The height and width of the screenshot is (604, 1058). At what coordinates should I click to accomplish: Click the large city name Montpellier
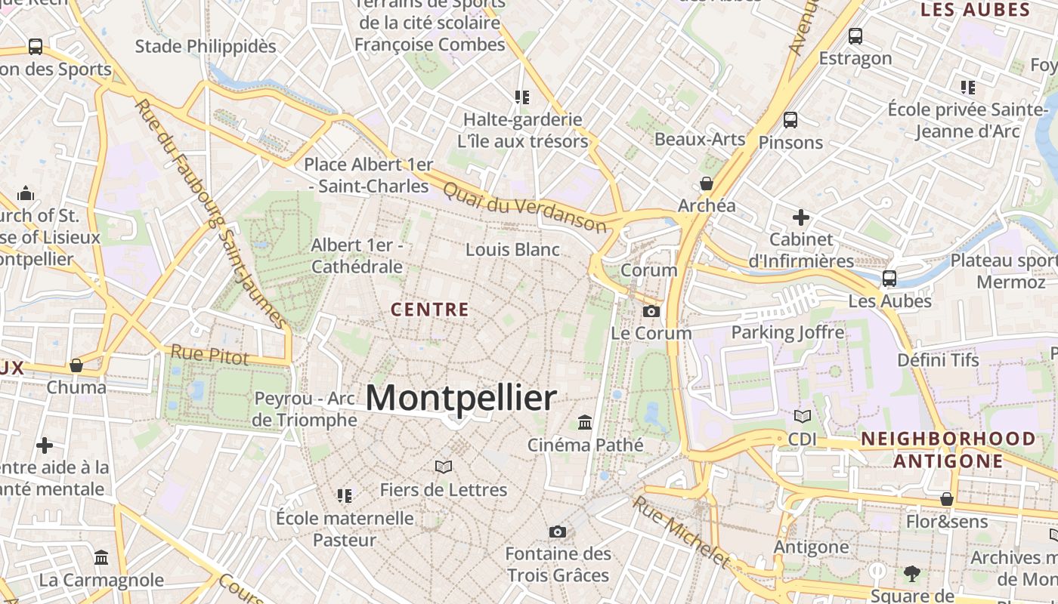[x=461, y=398]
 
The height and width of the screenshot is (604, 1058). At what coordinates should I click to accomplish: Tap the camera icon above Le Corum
[x=651, y=311]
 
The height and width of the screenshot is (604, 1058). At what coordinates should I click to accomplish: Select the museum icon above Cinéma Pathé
[x=585, y=422]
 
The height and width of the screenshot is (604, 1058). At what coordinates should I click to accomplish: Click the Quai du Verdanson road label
[x=524, y=205]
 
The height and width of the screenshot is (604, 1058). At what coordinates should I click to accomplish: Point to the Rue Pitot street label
[x=209, y=354]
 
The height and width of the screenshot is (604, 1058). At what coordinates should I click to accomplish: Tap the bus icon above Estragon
[x=855, y=35]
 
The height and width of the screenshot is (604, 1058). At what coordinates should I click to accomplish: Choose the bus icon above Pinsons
[x=790, y=119]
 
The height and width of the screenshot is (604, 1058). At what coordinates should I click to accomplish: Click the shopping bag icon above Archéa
[x=707, y=183]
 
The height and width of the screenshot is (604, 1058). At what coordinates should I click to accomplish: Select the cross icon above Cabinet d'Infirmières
[x=801, y=217]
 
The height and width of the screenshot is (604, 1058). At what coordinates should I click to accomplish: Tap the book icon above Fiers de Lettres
[x=444, y=467]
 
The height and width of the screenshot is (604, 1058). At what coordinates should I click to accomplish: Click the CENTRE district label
[x=430, y=310]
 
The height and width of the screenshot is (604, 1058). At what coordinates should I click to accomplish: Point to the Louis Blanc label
[x=512, y=250]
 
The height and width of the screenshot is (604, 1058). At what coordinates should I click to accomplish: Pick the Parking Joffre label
[x=787, y=332]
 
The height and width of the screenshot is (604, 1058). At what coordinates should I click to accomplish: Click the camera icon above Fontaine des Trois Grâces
[x=558, y=532]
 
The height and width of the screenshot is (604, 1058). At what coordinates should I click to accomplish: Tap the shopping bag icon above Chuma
[x=76, y=365]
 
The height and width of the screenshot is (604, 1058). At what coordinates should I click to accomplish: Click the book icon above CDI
[x=802, y=416]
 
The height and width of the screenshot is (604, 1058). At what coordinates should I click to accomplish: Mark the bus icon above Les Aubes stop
[x=889, y=279]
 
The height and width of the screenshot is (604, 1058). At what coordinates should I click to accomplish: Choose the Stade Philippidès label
[x=206, y=46]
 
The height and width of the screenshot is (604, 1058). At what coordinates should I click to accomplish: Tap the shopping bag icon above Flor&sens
[x=947, y=499]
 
